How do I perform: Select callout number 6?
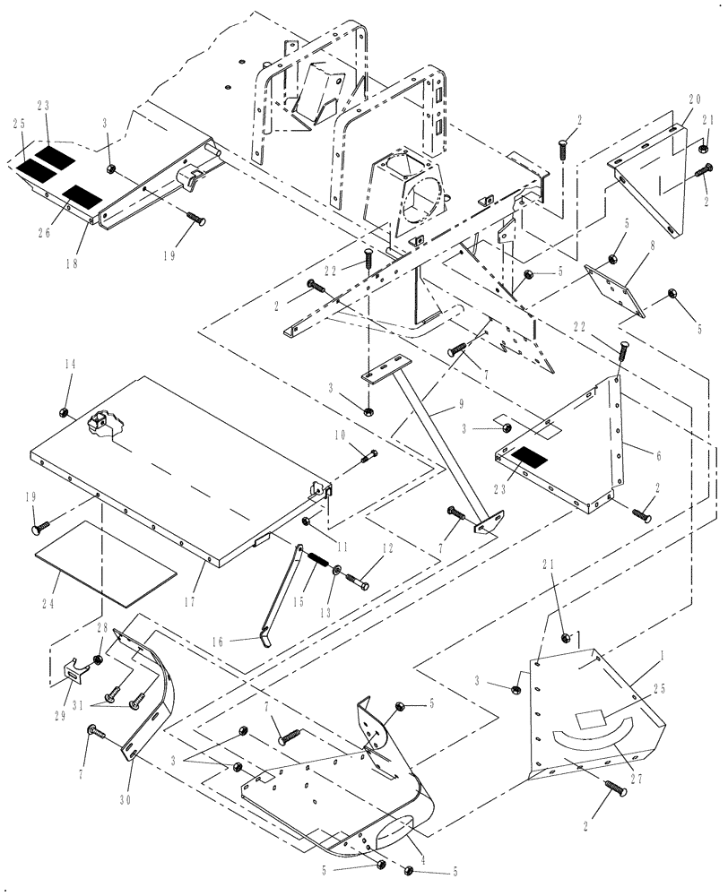(657, 456)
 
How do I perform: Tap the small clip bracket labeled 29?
(74, 668)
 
